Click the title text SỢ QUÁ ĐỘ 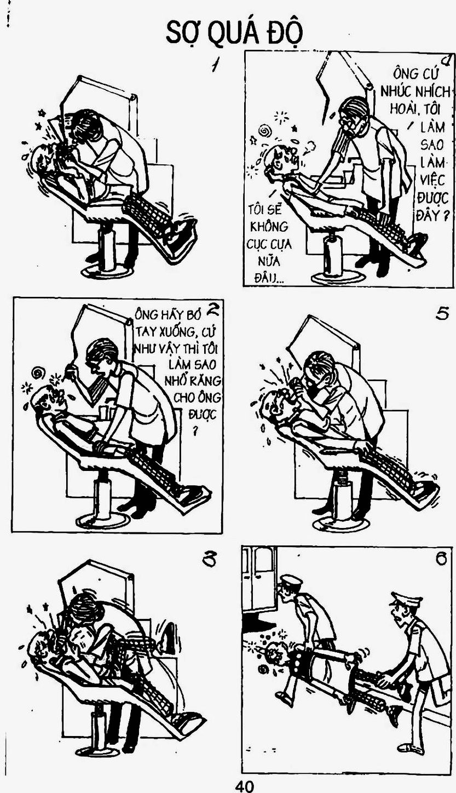point(234,33)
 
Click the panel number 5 point(442,314)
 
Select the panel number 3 point(208,560)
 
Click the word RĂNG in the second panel point(205,381)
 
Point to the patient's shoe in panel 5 point(428,491)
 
